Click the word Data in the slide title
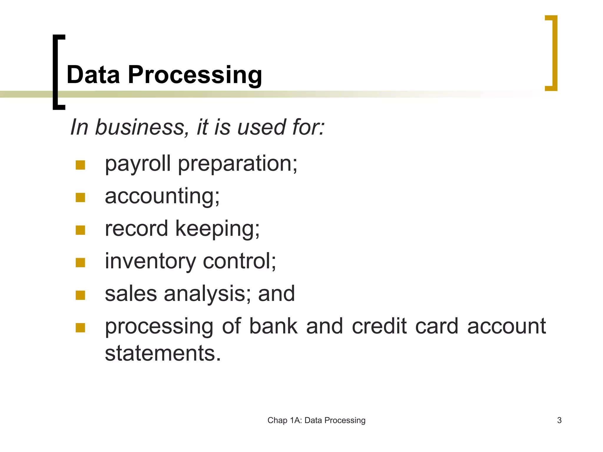click(93, 75)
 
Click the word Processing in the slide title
click(195, 75)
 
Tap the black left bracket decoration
click(55, 72)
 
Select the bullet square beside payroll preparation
click(80, 165)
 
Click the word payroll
click(138, 164)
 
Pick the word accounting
click(162, 197)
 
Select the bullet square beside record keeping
click(80, 230)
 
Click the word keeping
click(217, 229)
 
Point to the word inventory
click(150, 261)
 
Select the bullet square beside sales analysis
click(80, 295)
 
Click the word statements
click(163, 353)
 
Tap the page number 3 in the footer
click(559, 420)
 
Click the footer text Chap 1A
click(283, 420)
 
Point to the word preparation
click(237, 164)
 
